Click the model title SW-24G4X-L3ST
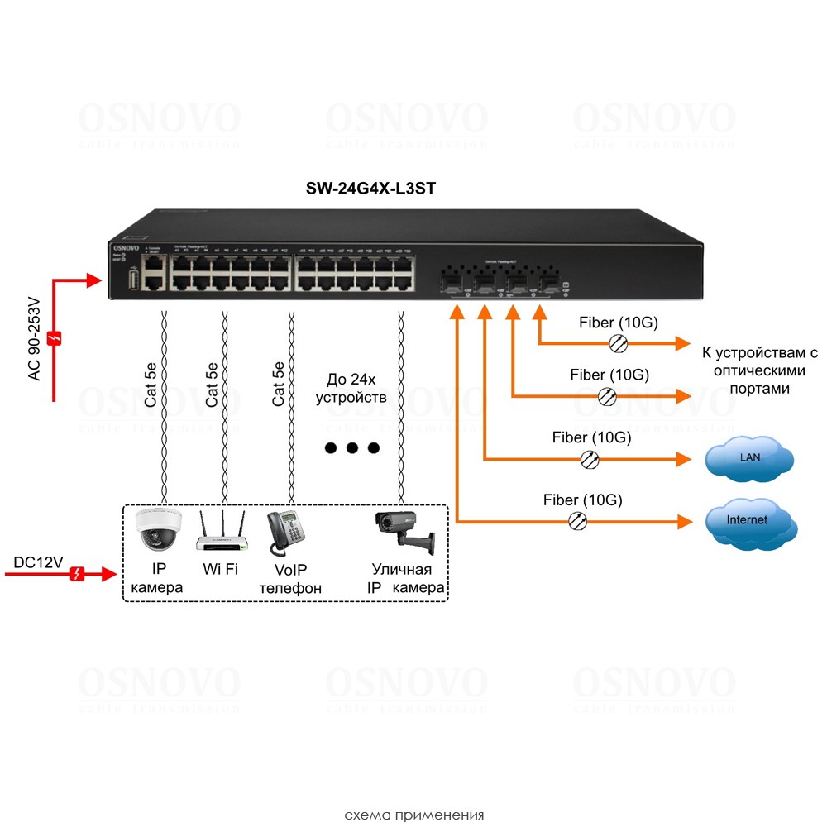370,189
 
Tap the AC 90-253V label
34,338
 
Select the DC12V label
38,562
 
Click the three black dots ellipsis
351,448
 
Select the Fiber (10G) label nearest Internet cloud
582,500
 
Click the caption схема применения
413,814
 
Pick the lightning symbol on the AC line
55,338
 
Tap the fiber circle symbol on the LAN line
590,459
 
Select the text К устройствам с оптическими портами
758,370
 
